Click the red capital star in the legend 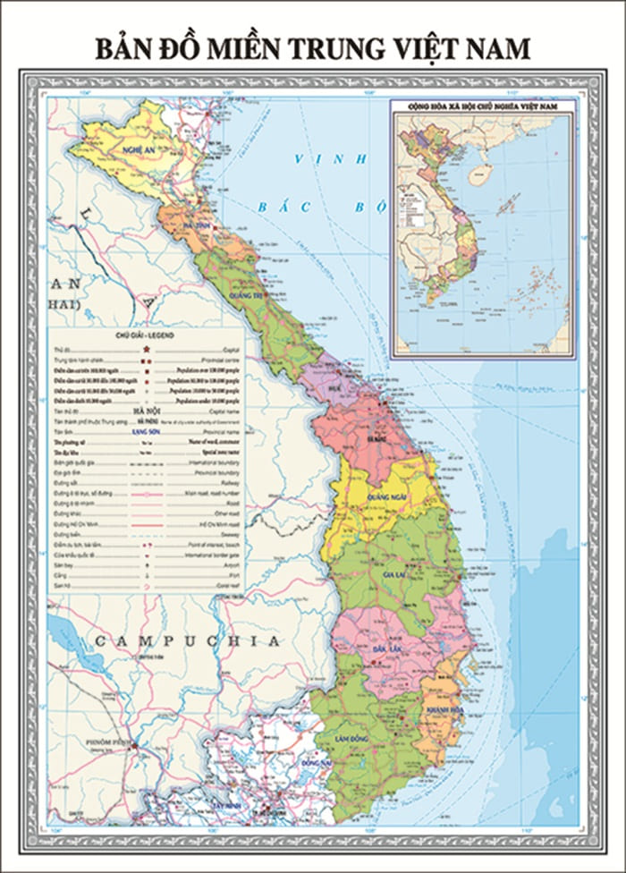click(147, 345)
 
